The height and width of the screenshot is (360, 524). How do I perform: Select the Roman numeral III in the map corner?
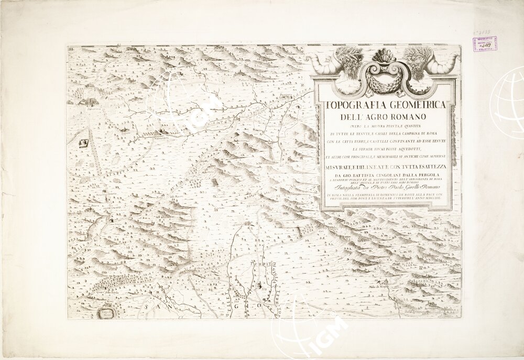click(70, 49)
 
